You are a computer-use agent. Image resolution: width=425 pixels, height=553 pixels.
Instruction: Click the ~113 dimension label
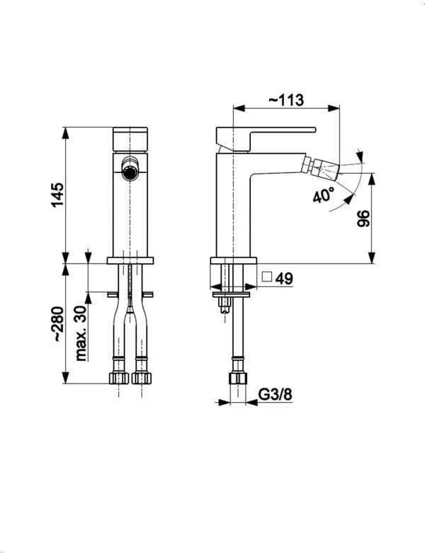click(286, 100)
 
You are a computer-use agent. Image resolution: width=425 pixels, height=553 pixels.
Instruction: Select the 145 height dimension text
click(58, 195)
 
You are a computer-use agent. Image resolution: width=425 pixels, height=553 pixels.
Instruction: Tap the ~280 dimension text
click(58, 324)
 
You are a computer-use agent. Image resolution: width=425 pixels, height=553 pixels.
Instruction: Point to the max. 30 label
click(81, 333)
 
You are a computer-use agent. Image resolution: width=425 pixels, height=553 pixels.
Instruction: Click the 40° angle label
click(323, 195)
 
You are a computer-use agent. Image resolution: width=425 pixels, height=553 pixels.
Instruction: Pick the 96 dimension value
click(363, 218)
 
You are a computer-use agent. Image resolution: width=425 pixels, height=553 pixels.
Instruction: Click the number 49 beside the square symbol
click(284, 279)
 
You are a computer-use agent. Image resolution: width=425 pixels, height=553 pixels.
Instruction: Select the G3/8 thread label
click(276, 395)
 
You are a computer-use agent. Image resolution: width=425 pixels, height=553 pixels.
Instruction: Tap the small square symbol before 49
click(267, 276)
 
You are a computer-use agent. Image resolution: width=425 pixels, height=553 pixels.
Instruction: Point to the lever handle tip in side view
click(314, 130)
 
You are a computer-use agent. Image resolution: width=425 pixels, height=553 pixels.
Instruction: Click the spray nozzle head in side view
click(326, 169)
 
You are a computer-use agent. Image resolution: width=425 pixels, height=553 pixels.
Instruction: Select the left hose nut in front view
click(118, 378)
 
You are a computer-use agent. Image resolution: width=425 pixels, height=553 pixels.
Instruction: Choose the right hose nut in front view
click(142, 378)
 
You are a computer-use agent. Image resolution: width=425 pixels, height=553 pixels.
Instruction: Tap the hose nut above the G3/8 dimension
click(237, 378)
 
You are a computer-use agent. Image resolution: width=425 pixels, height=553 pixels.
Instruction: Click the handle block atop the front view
click(130, 140)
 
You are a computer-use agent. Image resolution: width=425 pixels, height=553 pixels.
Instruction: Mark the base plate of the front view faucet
click(130, 261)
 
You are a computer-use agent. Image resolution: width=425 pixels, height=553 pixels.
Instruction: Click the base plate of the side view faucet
click(233, 261)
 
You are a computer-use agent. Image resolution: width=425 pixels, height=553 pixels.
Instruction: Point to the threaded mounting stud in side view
click(225, 303)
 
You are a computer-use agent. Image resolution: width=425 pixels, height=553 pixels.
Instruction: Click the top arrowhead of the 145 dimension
click(66, 133)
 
